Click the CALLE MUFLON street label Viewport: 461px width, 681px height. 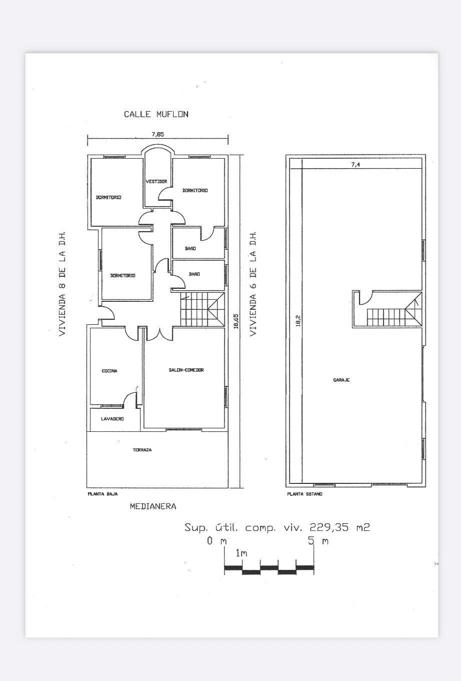[x=156, y=114]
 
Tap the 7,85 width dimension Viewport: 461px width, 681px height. [x=157, y=135]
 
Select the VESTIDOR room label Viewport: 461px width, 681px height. [x=156, y=182]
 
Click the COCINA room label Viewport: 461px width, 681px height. [x=109, y=371]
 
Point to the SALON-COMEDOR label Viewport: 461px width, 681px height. [x=186, y=370]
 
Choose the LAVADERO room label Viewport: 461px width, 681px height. [x=112, y=419]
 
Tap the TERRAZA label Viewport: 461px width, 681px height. [x=142, y=450]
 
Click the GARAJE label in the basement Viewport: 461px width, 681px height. [x=341, y=380]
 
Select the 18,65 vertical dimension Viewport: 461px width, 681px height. [x=236, y=322]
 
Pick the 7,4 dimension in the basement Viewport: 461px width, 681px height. [x=355, y=165]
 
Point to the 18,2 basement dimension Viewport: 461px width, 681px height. [x=298, y=321]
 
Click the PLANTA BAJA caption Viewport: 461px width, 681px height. [x=102, y=494]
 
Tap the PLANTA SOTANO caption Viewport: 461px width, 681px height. [x=304, y=494]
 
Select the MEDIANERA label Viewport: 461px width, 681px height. [x=153, y=506]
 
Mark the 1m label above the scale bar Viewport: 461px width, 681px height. [x=241, y=553]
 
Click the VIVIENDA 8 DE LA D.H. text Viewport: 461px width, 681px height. [x=62, y=284]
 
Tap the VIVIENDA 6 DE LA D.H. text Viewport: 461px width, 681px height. [x=253, y=284]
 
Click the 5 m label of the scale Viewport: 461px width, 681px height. [x=318, y=541]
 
